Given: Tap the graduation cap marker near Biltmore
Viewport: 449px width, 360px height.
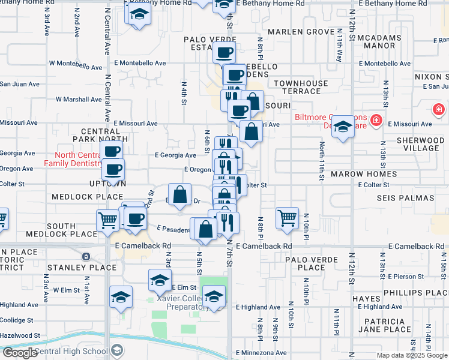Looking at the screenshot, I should click(343, 127).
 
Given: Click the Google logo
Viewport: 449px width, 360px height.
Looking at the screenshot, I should click(19, 353).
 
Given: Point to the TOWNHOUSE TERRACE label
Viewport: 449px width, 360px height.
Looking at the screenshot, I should click(301, 87).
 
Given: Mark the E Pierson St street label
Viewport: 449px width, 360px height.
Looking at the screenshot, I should click(409, 277).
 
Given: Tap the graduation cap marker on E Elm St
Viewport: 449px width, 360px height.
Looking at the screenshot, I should click(160, 280).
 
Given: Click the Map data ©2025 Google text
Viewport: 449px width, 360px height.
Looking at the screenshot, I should click(411, 355).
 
